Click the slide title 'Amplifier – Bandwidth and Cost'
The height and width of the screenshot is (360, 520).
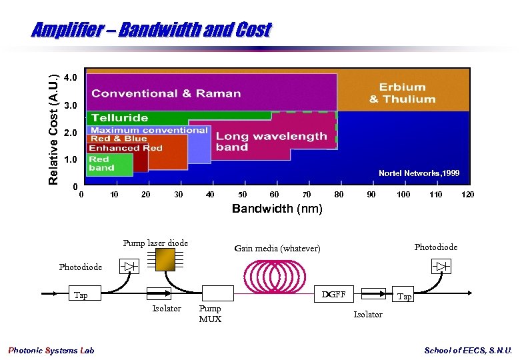tap(151, 30)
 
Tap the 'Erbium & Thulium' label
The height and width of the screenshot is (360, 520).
tap(402, 93)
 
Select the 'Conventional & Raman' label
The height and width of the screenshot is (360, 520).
tap(166, 93)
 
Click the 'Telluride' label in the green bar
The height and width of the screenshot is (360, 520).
tap(120, 118)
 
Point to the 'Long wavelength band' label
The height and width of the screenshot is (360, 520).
tap(271, 141)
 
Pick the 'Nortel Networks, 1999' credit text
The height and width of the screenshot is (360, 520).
tap(419, 173)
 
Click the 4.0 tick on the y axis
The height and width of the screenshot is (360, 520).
tap(71, 77)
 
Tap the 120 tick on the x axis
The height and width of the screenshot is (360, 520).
tap(468, 195)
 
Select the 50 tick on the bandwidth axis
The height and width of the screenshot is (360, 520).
tap(243, 195)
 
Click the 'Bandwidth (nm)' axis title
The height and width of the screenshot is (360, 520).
tap(277, 209)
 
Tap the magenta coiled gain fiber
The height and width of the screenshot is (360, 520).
tap(276, 275)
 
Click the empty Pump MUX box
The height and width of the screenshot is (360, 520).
tap(217, 293)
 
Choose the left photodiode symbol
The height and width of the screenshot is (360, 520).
tap(129, 267)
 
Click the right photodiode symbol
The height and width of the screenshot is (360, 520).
tap(441, 267)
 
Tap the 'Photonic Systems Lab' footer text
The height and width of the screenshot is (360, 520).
tap(51, 351)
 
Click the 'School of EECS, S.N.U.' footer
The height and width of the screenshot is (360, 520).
tap(468, 351)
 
